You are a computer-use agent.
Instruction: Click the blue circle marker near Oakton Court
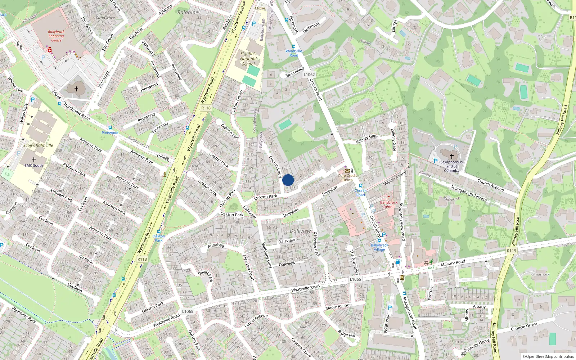pyautogui.click(x=288, y=180)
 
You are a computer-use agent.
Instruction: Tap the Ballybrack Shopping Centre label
pyautogui.click(x=56, y=36)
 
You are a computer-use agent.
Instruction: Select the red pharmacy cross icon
pyautogui.click(x=49, y=50)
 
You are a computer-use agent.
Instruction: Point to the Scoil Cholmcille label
pyautogui.click(x=38, y=145)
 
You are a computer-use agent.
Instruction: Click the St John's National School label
pyautogui.click(x=248, y=59)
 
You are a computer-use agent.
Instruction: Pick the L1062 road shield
pyautogui.click(x=309, y=75)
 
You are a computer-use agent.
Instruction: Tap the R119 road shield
pyautogui.click(x=511, y=251)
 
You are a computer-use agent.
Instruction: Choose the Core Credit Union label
pyautogui.click(x=347, y=177)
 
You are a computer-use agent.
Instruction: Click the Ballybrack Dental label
pyautogui.click(x=389, y=204)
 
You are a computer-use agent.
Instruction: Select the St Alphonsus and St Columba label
pyautogui.click(x=451, y=166)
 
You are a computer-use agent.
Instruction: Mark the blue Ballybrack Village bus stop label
pyautogui.click(x=379, y=247)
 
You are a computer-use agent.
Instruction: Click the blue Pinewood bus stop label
pyautogui.click(x=110, y=132)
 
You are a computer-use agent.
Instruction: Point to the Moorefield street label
pyautogui.click(x=295, y=72)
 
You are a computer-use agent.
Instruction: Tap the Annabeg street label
pyautogui.click(x=216, y=245)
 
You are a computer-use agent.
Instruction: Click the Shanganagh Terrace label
pyautogui.click(x=469, y=193)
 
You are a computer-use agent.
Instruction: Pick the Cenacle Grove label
pyautogui.click(x=524, y=327)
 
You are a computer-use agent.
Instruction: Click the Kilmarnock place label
pyautogui.click(x=540, y=274)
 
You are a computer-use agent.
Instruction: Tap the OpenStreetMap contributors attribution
pyautogui.click(x=548, y=356)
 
